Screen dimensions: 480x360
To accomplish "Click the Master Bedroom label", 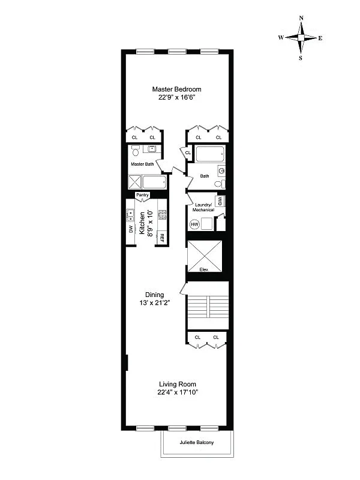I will click(x=176, y=89).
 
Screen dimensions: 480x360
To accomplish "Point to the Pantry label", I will click(x=142, y=194).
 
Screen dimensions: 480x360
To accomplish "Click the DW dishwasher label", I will click(x=131, y=229).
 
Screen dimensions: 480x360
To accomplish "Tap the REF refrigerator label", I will click(x=161, y=236).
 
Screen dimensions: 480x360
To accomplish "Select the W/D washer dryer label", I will click(x=220, y=201).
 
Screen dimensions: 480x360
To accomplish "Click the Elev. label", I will click(x=204, y=270).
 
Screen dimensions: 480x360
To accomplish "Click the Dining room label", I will click(x=154, y=295).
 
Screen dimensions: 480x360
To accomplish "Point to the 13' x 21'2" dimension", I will click(x=154, y=303).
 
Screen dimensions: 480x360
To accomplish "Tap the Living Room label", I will click(x=178, y=384).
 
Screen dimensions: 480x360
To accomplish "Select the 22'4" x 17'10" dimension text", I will click(x=178, y=392).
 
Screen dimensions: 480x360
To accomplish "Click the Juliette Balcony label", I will click(x=196, y=443).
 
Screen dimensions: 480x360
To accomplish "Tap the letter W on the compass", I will click(x=280, y=38).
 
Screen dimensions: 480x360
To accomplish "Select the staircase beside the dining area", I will click(x=207, y=312).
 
